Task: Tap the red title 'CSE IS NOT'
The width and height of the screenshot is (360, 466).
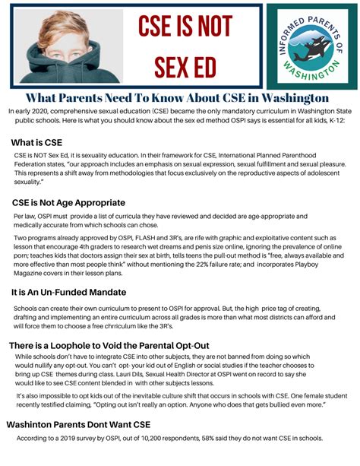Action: tap(185, 28)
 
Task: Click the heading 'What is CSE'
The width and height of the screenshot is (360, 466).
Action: tap(36, 143)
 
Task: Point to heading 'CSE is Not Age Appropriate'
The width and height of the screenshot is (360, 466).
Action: tap(68, 203)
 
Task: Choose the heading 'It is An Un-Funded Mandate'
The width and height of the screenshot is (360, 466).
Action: tap(69, 292)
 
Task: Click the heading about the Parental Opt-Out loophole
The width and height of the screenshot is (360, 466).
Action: tap(109, 346)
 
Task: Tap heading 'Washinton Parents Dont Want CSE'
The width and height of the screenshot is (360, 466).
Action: tap(78, 424)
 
